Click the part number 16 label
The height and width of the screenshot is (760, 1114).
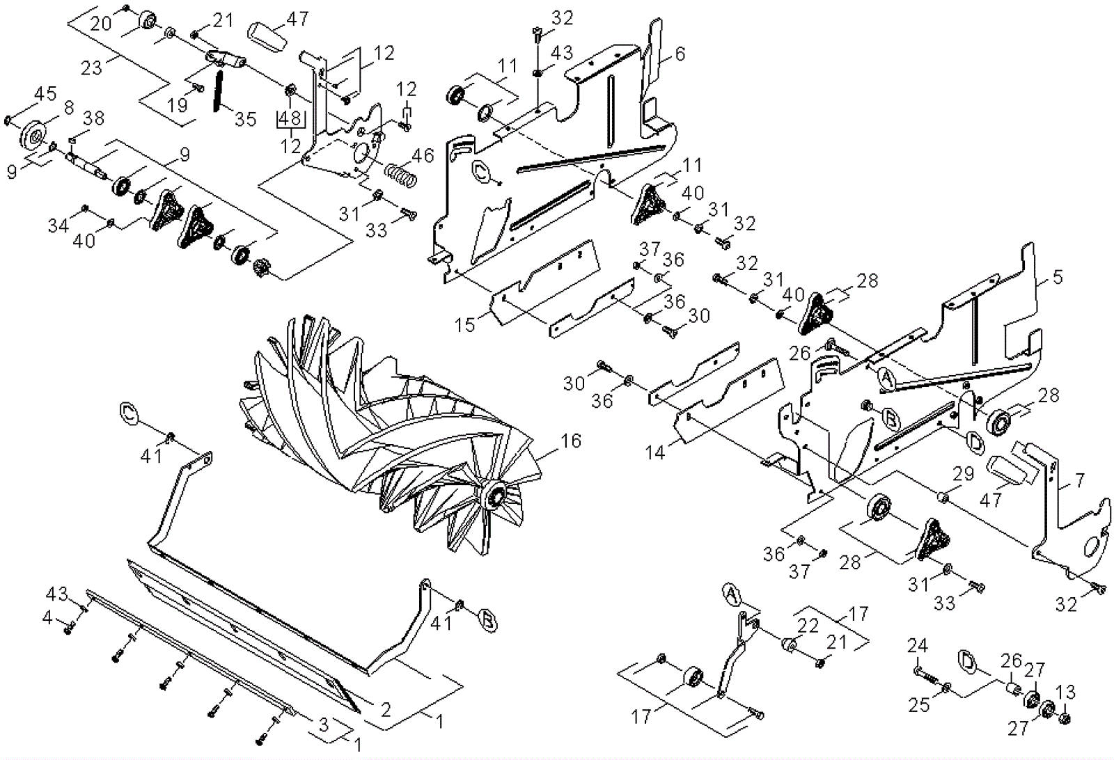pos(570,441)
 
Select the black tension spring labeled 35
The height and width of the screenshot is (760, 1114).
pos(217,88)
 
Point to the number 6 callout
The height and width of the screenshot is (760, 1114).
pos(680,53)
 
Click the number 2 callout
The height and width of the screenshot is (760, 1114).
pos(384,709)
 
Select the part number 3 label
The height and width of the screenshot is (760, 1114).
pos(323,725)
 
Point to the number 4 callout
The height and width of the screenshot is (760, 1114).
pos(48,616)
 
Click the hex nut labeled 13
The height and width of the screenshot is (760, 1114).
pos(1065,718)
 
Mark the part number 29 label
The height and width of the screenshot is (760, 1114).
pos(963,475)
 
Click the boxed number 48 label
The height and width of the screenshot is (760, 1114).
pos(290,120)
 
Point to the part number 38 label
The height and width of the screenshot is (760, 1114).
pos(94,118)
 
